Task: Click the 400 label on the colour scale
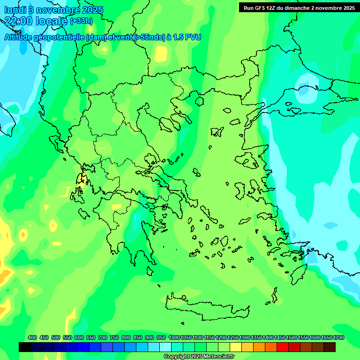[32, 337]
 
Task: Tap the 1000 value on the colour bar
[174, 337]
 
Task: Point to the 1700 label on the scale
[338, 337]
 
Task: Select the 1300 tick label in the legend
[245, 337]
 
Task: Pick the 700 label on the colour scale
[103, 337]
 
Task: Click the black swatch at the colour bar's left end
[25, 347]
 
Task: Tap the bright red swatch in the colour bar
[283, 347]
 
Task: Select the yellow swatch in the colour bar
[236, 347]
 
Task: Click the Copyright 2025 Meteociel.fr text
[199, 357]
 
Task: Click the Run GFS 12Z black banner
[299, 7]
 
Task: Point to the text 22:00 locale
[36, 21]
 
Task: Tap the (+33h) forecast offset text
[81, 21]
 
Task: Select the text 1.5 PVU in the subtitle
[186, 37]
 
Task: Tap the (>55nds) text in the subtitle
[149, 37]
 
